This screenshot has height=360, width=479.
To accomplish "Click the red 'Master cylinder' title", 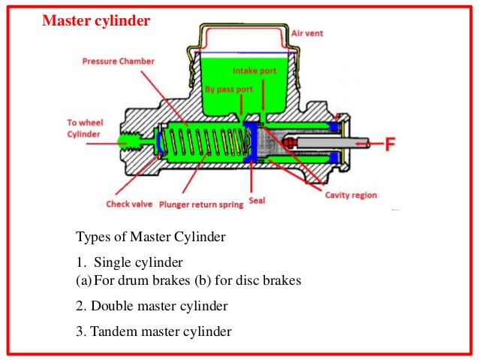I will click(x=95, y=20).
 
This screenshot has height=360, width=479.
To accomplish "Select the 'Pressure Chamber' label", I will click(x=117, y=61).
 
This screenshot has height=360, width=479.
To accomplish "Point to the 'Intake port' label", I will click(x=255, y=72).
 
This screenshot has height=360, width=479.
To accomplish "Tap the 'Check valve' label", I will click(x=128, y=202).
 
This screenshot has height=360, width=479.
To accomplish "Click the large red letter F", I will click(x=390, y=144).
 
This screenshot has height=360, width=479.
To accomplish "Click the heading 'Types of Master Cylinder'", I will click(x=150, y=237).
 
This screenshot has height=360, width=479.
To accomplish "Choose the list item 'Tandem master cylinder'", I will click(x=161, y=331).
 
